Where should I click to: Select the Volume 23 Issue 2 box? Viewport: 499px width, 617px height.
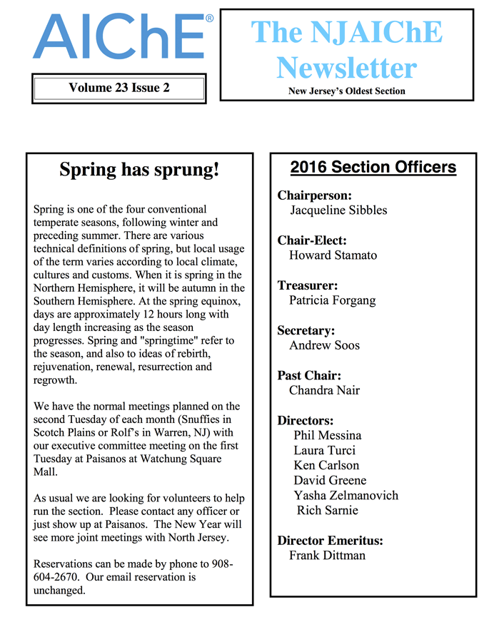click(119, 88)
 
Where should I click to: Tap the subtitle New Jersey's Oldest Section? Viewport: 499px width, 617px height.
click(346, 91)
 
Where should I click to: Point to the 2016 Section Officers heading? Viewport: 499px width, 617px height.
click(373, 168)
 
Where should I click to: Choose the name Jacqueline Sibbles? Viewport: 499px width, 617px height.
click(338, 210)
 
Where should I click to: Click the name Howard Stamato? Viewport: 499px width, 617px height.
click(333, 255)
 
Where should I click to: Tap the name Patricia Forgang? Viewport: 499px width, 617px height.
click(332, 300)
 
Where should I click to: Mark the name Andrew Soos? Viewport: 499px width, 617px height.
click(324, 345)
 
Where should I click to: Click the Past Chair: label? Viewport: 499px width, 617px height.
click(309, 376)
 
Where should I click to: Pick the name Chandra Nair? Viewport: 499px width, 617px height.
click(324, 390)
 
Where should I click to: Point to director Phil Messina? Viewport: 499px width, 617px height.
click(327, 435)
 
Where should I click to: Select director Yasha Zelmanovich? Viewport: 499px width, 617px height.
click(346, 495)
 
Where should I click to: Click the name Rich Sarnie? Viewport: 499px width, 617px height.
click(327, 510)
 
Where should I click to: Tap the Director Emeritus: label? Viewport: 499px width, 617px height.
click(330, 541)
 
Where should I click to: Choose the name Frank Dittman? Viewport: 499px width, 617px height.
click(327, 555)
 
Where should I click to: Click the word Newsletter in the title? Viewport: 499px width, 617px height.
click(346, 68)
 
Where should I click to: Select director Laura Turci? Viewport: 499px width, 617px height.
click(324, 450)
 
